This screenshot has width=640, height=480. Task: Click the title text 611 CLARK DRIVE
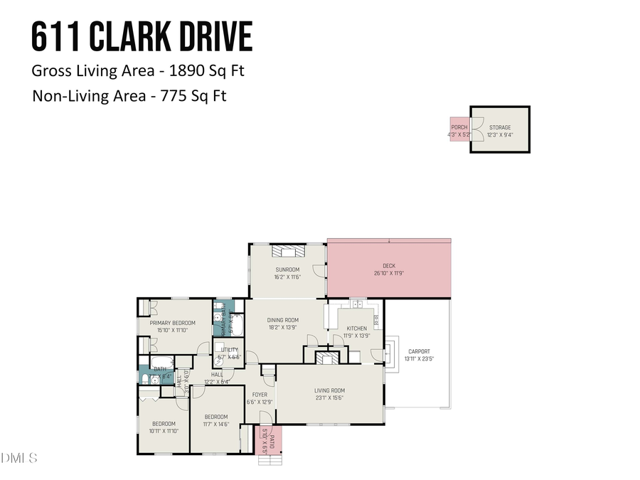pyautogui.click(x=142, y=37)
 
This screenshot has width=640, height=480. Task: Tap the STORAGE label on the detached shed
pyautogui.click(x=499, y=127)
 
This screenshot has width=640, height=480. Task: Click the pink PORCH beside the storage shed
pyautogui.click(x=459, y=130)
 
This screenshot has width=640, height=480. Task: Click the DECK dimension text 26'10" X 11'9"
pyautogui.click(x=389, y=273)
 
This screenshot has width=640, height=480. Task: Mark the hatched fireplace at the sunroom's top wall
pyautogui.click(x=289, y=250)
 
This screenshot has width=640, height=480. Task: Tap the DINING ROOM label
pyautogui.click(x=282, y=321)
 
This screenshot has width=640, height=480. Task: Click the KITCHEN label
pyautogui.click(x=356, y=329)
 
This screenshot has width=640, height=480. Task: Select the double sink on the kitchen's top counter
pyautogui.click(x=356, y=305)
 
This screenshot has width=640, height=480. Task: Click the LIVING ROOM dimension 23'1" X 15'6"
pyautogui.click(x=329, y=398)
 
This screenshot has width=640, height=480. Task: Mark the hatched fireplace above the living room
pyautogui.click(x=328, y=358)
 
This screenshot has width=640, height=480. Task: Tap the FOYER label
pyautogui.click(x=260, y=395)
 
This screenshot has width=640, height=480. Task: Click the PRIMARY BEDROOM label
pyautogui.click(x=172, y=323)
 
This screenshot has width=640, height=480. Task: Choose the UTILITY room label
pyautogui.click(x=229, y=350)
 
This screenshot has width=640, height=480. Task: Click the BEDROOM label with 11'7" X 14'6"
pyautogui.click(x=215, y=417)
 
